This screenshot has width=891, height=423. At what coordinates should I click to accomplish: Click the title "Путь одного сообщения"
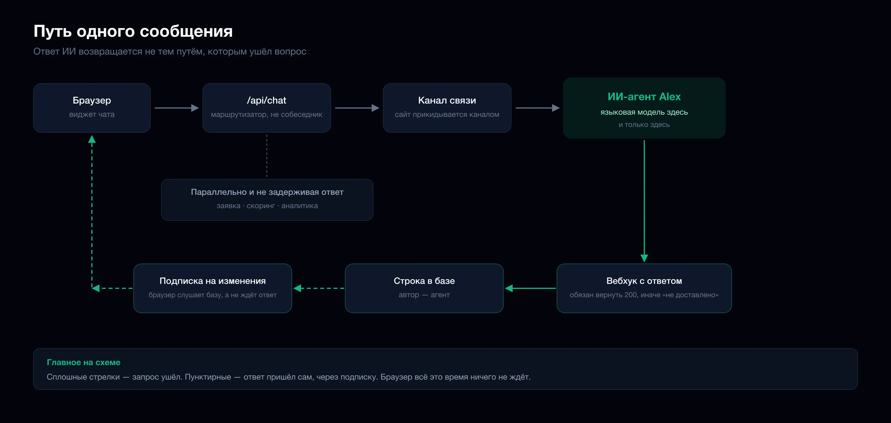tap(133, 31)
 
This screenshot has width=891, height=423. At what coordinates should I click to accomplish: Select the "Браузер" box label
tap(92, 100)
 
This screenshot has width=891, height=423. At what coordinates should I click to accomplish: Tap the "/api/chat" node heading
tap(266, 100)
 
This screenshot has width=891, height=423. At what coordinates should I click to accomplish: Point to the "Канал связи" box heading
tap(447, 100)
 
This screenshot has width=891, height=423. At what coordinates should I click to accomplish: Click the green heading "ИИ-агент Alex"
tap(644, 97)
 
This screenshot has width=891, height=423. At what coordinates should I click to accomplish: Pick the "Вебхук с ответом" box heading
tap(644, 281)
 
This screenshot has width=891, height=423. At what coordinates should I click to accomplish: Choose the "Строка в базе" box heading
tap(424, 281)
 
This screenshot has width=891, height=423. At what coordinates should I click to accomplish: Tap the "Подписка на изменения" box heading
tap(213, 281)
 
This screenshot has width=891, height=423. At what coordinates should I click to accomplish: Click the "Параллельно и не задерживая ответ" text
tap(267, 192)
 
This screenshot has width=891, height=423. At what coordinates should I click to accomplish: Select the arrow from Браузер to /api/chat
tap(177, 108)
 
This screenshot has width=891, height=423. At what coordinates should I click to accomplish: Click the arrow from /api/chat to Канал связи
tap(357, 108)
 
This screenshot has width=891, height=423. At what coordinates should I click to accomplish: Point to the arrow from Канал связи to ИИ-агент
tap(537, 108)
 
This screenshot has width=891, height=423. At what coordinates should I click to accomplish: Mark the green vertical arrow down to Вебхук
tap(644, 201)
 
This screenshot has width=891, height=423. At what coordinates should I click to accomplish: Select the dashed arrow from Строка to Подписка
tap(319, 288)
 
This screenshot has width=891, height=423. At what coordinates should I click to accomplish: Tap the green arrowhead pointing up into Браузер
tap(92, 139)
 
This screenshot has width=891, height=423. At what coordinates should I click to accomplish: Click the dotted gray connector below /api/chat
tap(267, 156)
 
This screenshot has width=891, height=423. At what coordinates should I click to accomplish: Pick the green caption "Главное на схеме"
tap(84, 363)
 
